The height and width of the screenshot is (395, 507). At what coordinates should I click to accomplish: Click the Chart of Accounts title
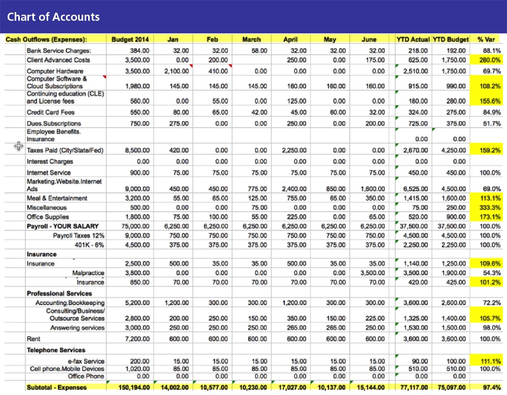tap(53, 17)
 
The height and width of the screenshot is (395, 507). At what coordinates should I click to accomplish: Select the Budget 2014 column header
tap(130, 39)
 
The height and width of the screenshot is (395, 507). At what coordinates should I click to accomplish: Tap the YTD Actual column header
tap(413, 39)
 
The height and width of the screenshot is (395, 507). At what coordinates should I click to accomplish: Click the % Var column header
tap(486, 39)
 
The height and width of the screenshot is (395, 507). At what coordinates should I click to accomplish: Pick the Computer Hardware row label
tap(55, 71)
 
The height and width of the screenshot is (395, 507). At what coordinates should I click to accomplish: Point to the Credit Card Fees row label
tap(50, 112)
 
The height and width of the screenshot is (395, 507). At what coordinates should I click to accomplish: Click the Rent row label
tap(33, 339)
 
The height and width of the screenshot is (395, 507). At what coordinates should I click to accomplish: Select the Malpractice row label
tap(88, 273)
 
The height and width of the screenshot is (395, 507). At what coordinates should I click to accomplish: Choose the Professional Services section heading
tap(59, 293)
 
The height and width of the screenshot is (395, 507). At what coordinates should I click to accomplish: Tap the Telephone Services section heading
tap(56, 350)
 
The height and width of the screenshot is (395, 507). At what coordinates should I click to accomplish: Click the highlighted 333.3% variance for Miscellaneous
tap(490, 207)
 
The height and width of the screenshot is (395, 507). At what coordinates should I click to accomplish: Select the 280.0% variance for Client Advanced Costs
tap(490, 60)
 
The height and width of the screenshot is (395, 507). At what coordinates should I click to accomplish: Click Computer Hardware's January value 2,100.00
tap(176, 71)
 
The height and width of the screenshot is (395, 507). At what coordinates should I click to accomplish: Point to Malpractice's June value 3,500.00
tap(373, 273)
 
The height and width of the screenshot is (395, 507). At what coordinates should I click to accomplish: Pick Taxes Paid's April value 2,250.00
tap(294, 150)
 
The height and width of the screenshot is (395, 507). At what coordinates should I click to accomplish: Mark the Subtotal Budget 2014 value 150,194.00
tap(134, 387)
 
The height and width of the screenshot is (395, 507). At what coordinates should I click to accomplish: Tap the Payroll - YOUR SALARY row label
tap(63, 226)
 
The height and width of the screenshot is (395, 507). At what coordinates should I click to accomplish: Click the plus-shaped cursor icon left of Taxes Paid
tap(19, 146)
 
